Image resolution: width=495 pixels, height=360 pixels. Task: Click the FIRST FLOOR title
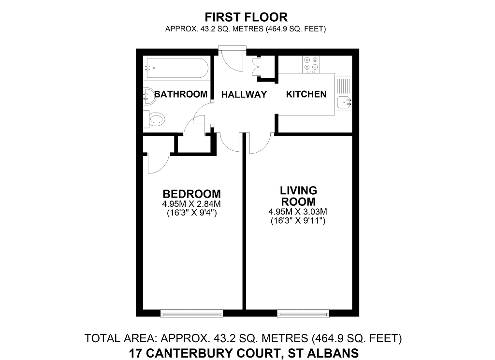pyautogui.click(x=246, y=17)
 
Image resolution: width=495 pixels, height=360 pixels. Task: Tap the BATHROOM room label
pyautogui.click(x=181, y=94)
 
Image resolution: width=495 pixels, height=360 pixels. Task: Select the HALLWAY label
pyautogui.click(x=244, y=95)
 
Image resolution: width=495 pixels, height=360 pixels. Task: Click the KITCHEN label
pyautogui.click(x=306, y=94)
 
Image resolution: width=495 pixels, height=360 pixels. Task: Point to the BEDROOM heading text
pyautogui.click(x=191, y=194)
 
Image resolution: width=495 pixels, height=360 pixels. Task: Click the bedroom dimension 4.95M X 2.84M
pyautogui.click(x=191, y=203)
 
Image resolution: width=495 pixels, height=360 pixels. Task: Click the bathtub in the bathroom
pyautogui.click(x=176, y=69)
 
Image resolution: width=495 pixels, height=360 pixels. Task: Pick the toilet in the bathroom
pyautogui.click(x=155, y=119)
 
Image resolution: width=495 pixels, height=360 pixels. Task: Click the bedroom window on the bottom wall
pyautogui.click(x=191, y=314)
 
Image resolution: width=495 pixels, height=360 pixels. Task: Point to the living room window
pyautogui.click(x=303, y=314)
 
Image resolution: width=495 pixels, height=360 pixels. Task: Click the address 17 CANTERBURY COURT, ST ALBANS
pyautogui.click(x=244, y=353)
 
